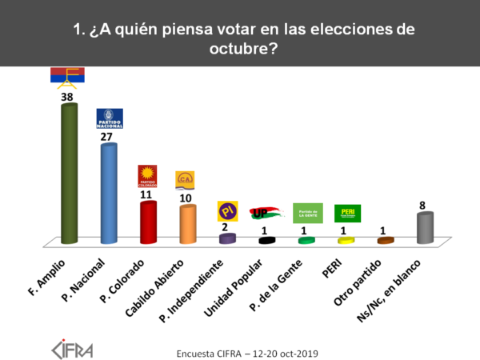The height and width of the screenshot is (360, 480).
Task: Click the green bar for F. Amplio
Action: pyautogui.click(x=70, y=172)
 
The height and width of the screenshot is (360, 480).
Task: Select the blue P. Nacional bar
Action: pyautogui.click(x=108, y=194)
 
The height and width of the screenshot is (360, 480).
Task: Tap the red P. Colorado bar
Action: pyautogui.click(x=147, y=222)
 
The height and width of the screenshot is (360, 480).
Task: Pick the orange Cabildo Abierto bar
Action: pyautogui.click(x=186, y=224)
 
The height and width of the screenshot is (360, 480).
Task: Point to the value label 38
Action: pyautogui.click(x=68, y=96)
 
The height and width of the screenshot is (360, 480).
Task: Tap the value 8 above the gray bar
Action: pyautogui.click(x=425, y=205)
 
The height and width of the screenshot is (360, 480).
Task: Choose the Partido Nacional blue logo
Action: pyautogui.click(x=109, y=118)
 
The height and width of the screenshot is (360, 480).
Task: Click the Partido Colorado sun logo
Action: pyautogui.click(x=147, y=175)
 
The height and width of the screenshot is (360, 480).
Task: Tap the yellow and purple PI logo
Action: pyautogui.click(x=226, y=211)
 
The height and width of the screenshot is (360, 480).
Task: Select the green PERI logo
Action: pyautogui.click(x=347, y=213)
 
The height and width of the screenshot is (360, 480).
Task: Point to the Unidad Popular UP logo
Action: pyautogui.click(x=266, y=212)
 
